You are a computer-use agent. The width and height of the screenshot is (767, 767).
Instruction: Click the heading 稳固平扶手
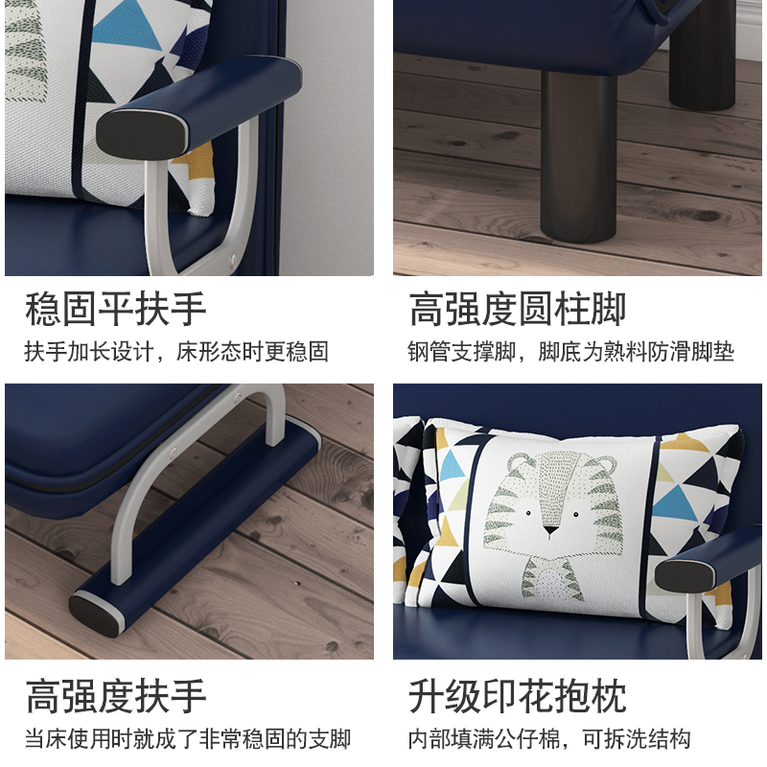click(116, 311)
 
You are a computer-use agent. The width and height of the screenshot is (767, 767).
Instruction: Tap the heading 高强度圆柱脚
click(518, 311)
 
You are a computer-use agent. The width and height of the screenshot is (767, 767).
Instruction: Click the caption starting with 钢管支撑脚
click(570, 352)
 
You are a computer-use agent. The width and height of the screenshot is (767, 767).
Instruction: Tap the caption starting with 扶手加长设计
click(176, 352)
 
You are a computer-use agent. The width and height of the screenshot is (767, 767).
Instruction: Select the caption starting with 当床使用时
click(188, 739)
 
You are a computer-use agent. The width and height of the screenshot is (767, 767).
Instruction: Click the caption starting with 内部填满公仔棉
click(548, 739)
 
